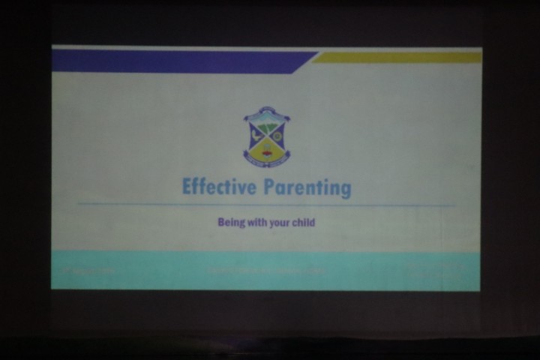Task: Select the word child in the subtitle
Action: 304,223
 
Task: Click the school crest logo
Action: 266,136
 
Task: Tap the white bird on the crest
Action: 257,137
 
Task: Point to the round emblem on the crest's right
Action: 277,137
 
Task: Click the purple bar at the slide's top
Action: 180,61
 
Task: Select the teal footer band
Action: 266,270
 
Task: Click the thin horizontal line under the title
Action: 266,204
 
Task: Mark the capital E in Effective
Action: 187,186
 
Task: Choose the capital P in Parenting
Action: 269,187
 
